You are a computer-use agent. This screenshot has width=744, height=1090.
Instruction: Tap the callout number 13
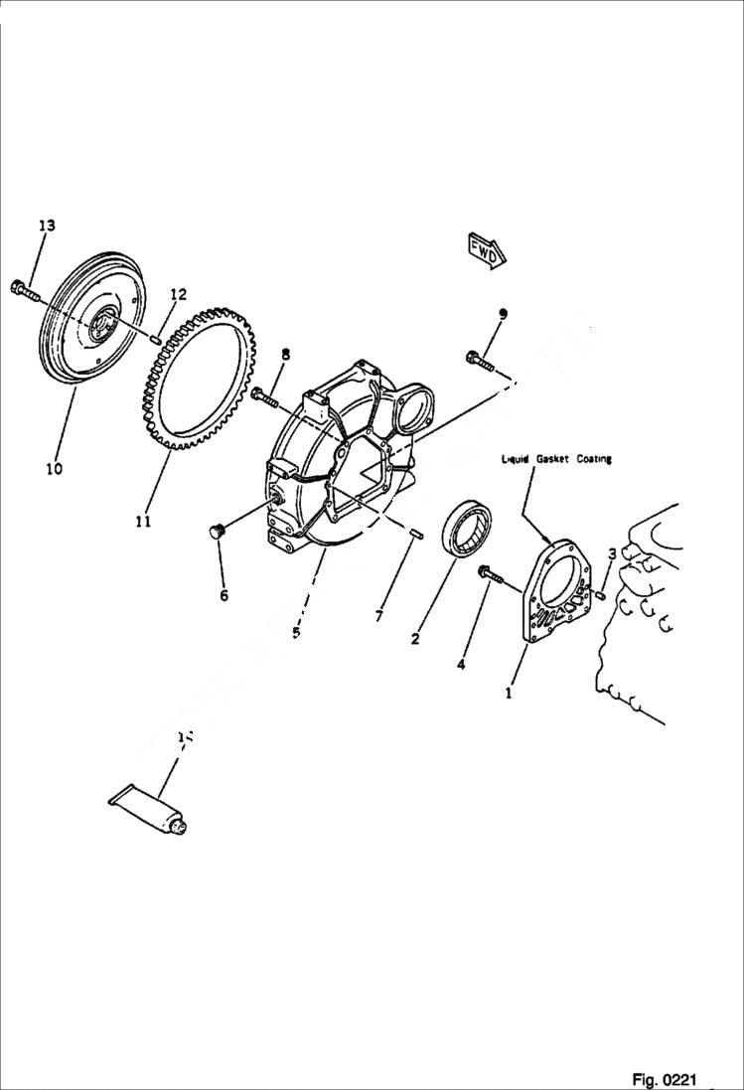(47, 227)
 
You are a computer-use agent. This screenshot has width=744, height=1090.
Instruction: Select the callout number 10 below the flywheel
(53, 467)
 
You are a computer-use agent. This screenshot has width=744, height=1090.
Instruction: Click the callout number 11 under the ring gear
(143, 521)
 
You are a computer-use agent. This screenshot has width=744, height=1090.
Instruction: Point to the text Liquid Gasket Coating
(556, 459)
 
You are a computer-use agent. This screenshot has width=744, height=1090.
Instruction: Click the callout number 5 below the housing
(295, 631)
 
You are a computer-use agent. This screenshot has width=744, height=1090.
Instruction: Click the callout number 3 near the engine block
(613, 553)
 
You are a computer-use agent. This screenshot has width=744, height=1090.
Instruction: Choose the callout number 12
(178, 294)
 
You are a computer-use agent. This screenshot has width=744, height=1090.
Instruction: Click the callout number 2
(415, 640)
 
